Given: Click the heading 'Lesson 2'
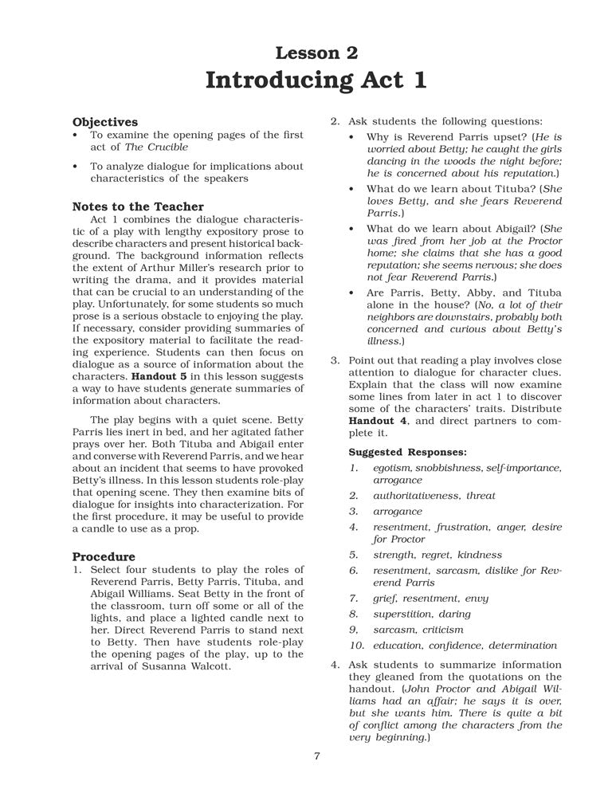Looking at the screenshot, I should pos(316,53).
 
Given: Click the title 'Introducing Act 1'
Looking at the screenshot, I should pos(316,81).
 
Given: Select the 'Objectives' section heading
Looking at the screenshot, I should pos(104,122).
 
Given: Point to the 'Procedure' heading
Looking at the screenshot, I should pos(104,556).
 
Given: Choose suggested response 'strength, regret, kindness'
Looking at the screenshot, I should pos(437,555).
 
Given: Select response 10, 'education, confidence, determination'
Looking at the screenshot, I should pos(465,645).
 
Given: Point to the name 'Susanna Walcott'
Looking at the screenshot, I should pos(182,666).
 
